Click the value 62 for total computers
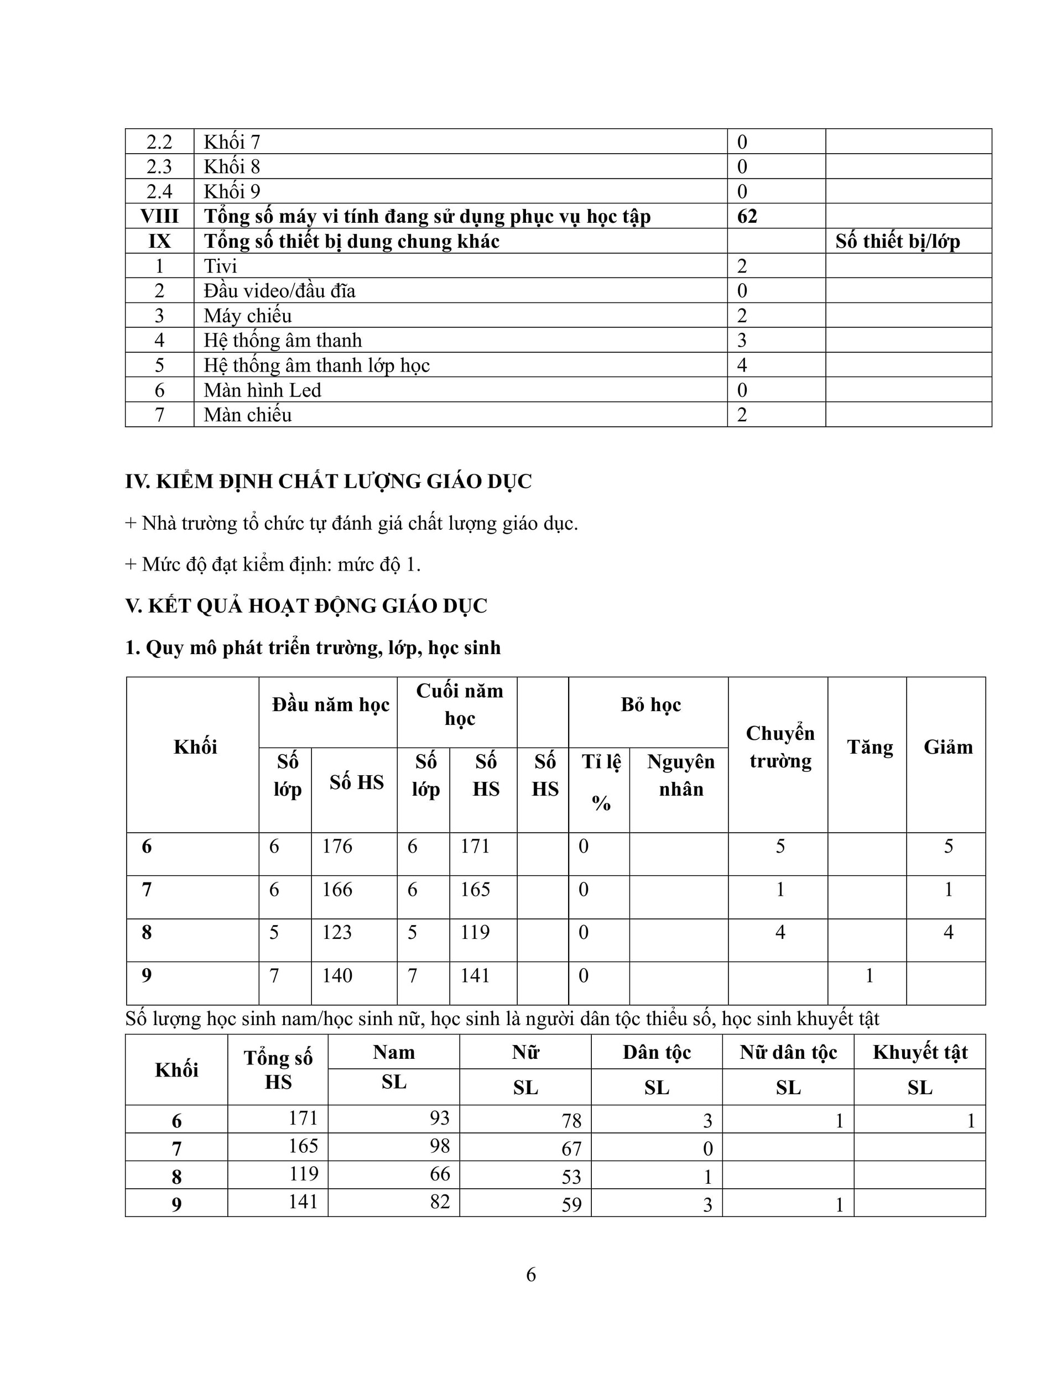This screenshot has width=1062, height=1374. (x=747, y=216)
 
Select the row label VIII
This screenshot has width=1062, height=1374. (x=159, y=216)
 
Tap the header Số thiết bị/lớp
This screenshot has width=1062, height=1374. (x=897, y=242)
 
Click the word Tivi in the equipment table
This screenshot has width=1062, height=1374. (x=220, y=266)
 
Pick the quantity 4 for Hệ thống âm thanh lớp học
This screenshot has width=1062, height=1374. (x=742, y=365)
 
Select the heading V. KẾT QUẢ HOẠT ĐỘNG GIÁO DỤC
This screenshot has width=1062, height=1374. (x=306, y=607)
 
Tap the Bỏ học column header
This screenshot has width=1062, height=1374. (x=650, y=705)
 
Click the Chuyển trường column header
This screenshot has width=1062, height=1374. (x=780, y=747)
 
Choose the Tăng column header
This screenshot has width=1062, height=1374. (x=870, y=748)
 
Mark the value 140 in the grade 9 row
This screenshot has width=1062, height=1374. (x=337, y=976)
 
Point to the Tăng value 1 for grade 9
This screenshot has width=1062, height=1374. (x=870, y=976)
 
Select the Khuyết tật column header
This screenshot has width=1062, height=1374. (x=920, y=1053)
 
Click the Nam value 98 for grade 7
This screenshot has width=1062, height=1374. (x=439, y=1146)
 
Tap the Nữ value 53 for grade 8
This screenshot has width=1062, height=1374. (x=571, y=1177)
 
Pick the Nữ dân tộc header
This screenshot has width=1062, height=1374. (x=788, y=1053)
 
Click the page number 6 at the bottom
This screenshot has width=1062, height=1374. (x=530, y=1274)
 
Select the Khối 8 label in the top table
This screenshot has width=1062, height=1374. (x=232, y=167)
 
